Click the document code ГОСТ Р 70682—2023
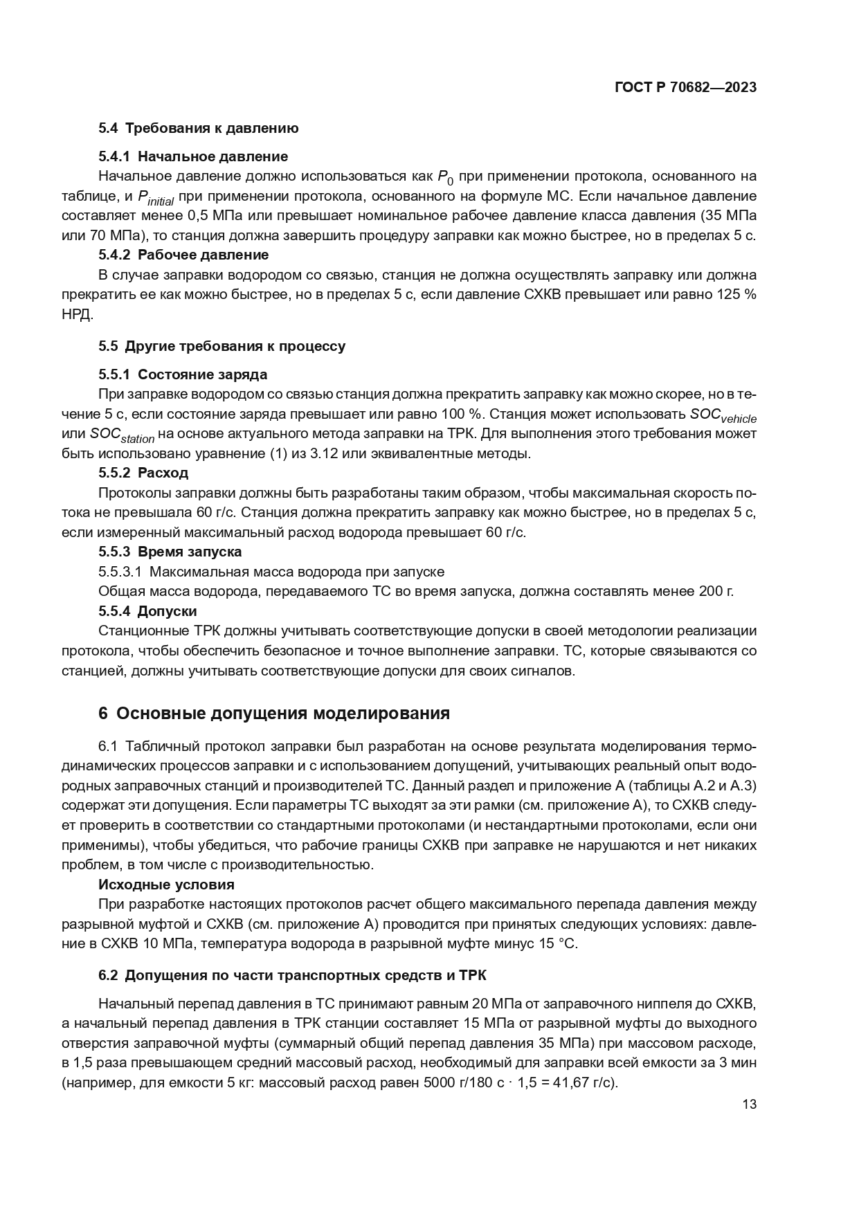click(685, 87)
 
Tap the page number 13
click(749, 1104)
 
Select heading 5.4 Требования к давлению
click(198, 128)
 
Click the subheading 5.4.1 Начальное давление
click(193, 156)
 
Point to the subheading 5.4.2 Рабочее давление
click(183, 255)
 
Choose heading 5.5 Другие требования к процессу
click(221, 346)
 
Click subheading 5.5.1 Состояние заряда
click(183, 374)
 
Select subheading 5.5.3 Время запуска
click(170, 552)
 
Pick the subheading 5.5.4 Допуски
click(147, 611)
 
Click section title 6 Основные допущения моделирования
click(274, 714)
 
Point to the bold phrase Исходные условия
click(166, 885)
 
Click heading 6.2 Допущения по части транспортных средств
click(292, 975)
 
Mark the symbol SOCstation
click(122, 435)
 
